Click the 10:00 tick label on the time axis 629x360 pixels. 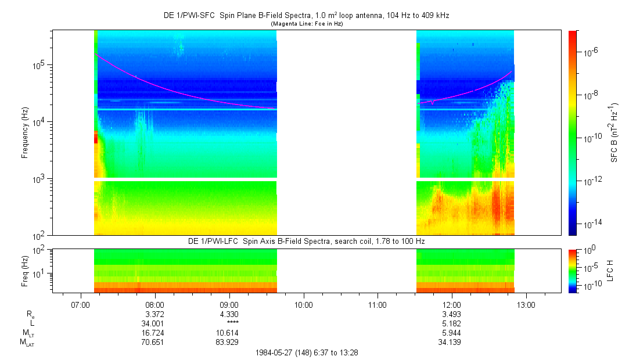304,304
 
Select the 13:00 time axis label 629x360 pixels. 526,304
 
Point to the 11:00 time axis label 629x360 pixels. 378,304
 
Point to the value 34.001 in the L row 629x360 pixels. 153,323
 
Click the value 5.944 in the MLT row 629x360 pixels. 451,333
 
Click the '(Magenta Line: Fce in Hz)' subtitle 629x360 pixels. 308,23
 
